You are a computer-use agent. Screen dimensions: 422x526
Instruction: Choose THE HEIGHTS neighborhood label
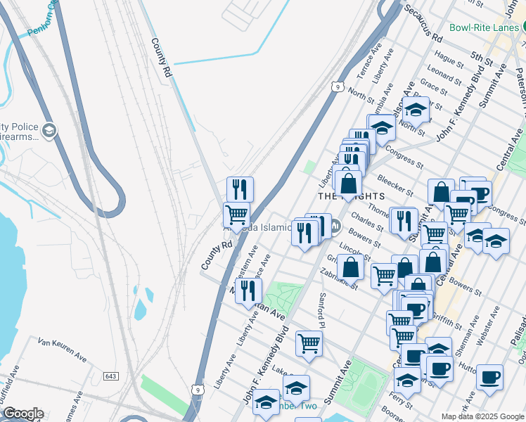pos(352,196)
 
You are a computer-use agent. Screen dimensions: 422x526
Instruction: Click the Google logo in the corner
pos(23,414)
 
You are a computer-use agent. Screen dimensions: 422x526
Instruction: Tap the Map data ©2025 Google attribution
pos(482,416)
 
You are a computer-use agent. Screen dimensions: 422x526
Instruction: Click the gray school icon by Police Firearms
pos(49,130)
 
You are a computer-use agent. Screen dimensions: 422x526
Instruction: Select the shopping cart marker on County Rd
pos(236,215)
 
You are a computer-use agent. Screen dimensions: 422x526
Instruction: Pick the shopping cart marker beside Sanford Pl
pos(309,343)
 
